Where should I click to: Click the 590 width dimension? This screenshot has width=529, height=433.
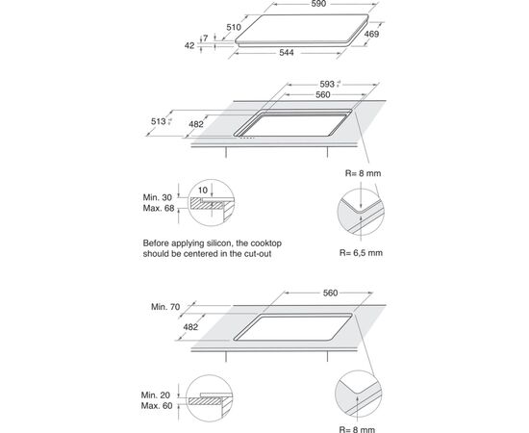tap(318, 4)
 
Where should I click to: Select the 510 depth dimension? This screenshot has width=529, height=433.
tap(234, 27)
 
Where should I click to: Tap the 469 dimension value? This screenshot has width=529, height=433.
tap(371, 34)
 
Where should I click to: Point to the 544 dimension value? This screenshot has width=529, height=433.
tap(286, 52)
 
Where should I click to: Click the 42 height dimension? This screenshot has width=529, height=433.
tap(189, 45)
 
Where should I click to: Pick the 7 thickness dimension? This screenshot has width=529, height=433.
tap(206, 38)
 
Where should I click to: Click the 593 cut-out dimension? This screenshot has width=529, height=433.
tap(327, 84)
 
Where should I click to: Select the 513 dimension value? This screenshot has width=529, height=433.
tap(159, 121)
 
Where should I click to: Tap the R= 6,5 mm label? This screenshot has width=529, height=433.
tap(361, 253)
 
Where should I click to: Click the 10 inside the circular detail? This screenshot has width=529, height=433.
tap(202, 190)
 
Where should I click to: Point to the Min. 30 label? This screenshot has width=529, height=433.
tap(158, 197)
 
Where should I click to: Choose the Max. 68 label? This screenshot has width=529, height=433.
tap(159, 208)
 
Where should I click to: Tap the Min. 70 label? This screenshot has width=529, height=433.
tap(165, 307)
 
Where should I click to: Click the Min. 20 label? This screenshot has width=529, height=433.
tap(156, 395)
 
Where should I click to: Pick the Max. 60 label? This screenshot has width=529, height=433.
tap(157, 406)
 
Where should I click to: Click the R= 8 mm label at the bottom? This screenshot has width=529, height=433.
tap(357, 429)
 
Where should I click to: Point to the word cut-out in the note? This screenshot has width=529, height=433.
tap(259, 253)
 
